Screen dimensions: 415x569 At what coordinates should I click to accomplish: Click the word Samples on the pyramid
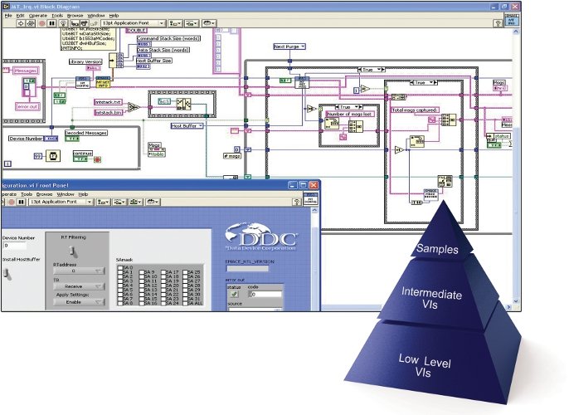pyautogui.click(x=437, y=249)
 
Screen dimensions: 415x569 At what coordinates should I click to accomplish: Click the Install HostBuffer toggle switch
pyautogui.click(x=9, y=272)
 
